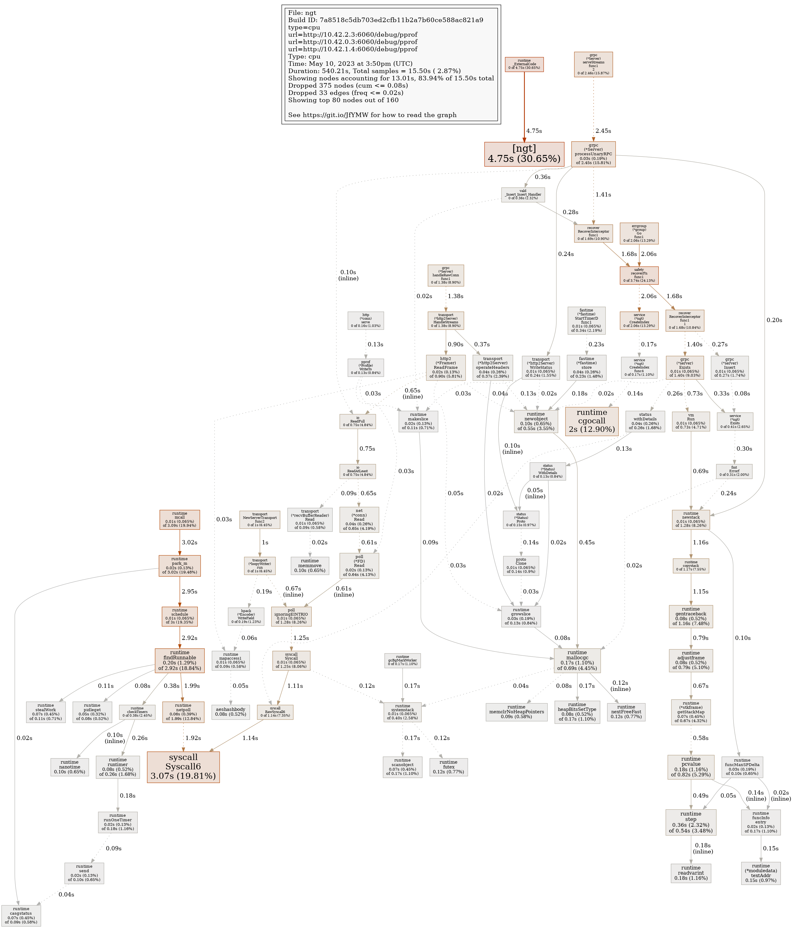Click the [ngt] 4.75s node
524,154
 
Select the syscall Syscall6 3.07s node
183,767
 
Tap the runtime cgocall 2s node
591,421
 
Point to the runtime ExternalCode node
524,64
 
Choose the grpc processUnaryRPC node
593,154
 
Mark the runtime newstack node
690,519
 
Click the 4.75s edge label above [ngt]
534,131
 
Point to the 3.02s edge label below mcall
189,542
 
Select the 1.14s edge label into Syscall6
250,738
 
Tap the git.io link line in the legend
372,115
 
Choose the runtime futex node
448,767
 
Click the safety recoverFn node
639,275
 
